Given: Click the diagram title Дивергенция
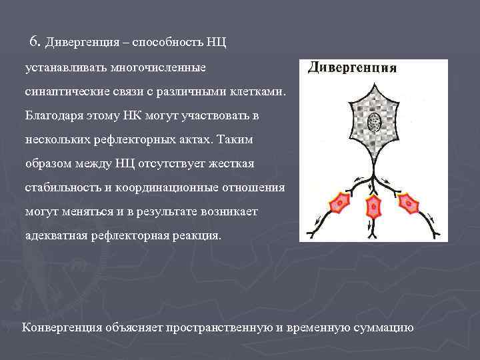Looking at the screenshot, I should (353, 67).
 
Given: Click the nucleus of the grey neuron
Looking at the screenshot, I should (374, 122).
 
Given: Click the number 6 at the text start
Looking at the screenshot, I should (35, 41).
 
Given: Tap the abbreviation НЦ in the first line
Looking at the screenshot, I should (217, 43).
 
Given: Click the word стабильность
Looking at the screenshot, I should (60, 188).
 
